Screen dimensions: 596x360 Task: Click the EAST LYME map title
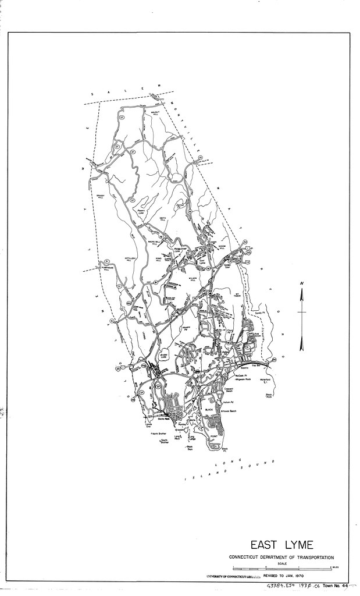coord(282,545)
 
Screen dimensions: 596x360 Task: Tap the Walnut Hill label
coord(155,111)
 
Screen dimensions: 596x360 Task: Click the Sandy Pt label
coord(259,313)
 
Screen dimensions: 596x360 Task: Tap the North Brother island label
coord(159,434)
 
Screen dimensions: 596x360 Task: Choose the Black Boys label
coord(190,448)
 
